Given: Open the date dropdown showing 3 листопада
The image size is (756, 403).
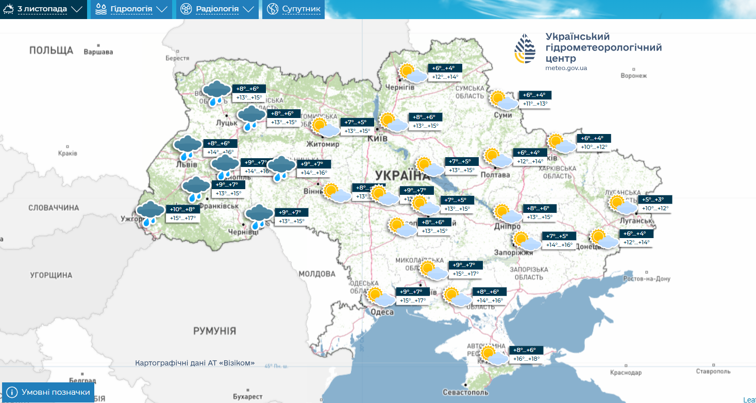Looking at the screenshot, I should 43,9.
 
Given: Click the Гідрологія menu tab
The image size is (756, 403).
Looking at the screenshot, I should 131,9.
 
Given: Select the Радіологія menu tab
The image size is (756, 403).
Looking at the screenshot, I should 217,9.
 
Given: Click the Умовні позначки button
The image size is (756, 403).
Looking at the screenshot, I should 48,392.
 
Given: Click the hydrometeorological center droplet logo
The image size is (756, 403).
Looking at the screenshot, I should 525,49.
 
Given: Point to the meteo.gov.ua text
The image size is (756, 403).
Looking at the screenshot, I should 566,68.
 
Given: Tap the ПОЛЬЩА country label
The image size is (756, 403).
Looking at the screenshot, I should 51,50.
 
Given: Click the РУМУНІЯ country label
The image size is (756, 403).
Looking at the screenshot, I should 214,331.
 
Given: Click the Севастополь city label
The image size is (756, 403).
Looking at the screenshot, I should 465,393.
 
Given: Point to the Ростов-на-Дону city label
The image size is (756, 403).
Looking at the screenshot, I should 646,279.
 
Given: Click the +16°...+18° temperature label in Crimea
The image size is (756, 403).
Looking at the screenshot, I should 526,359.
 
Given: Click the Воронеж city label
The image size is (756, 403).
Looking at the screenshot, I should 633,76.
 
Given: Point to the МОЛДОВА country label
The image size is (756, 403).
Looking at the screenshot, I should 317,274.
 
